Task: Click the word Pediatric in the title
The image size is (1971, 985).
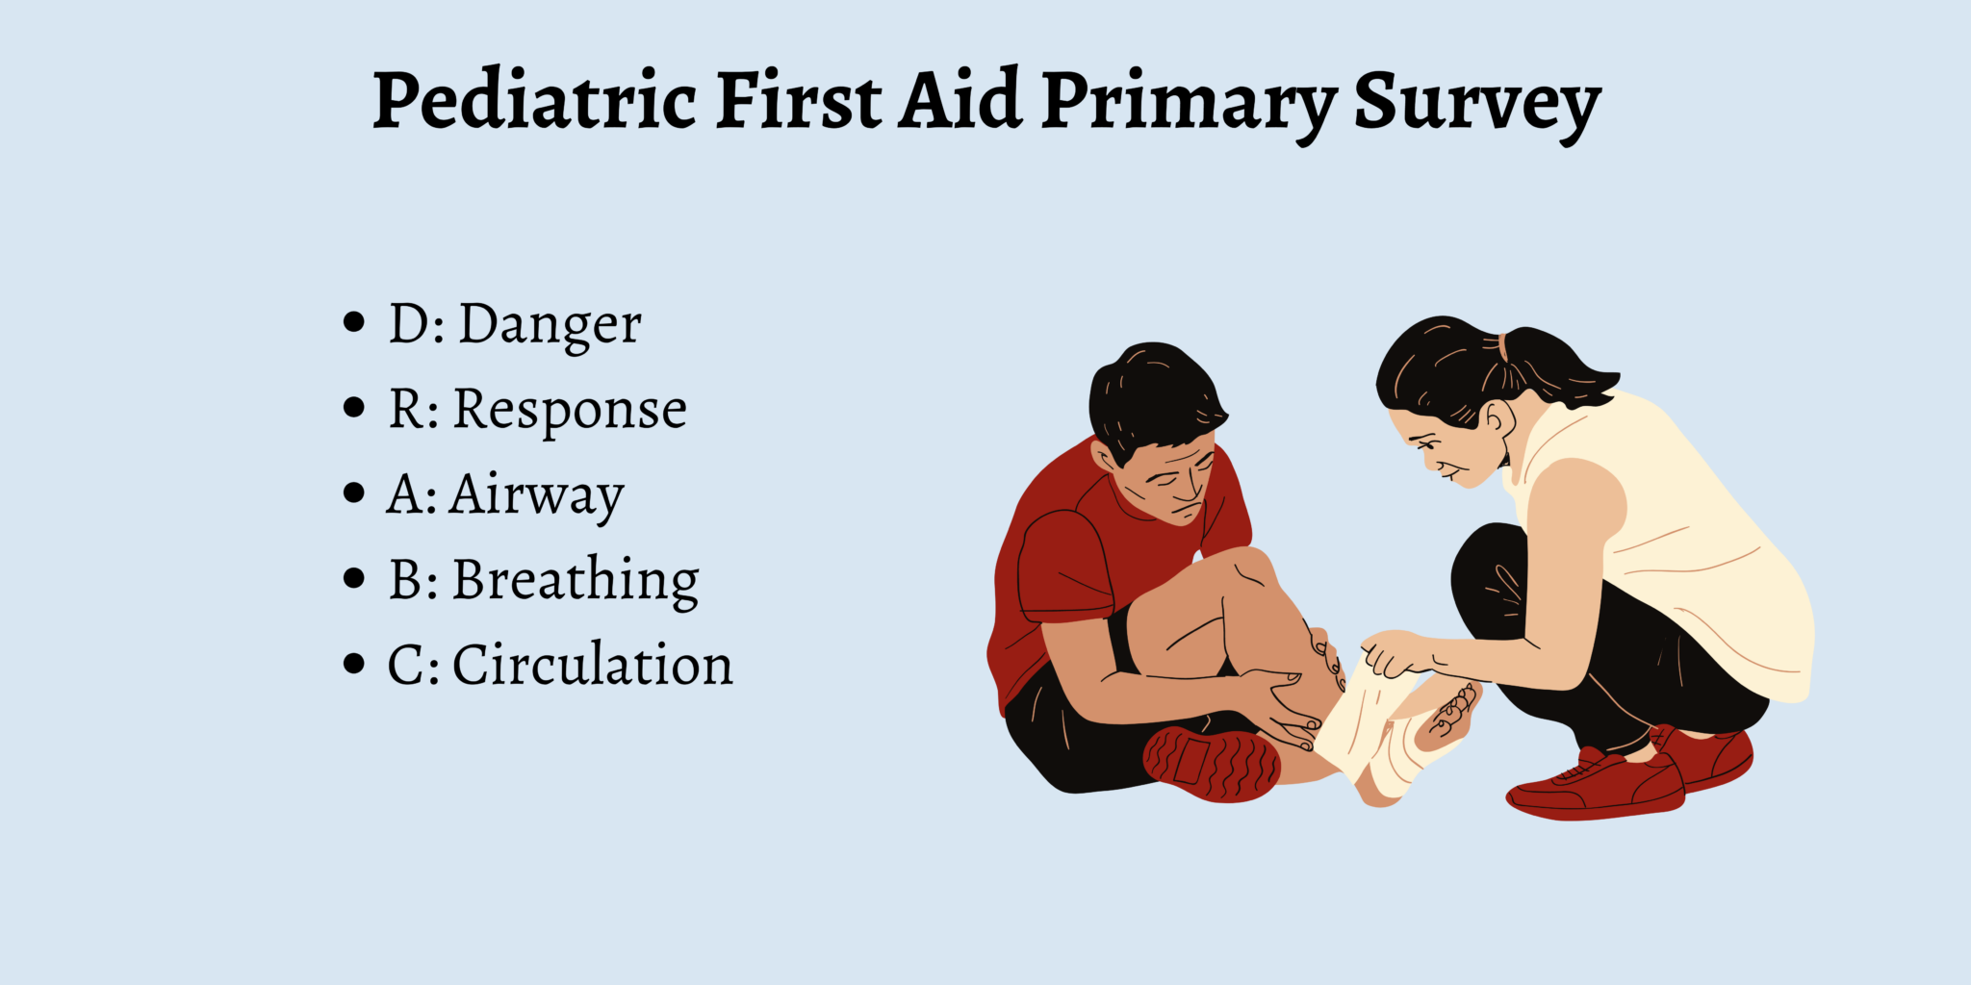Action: click(534, 101)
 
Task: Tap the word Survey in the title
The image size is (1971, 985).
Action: click(1476, 103)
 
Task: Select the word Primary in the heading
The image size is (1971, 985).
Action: click(1190, 103)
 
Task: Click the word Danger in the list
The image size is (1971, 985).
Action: click(550, 324)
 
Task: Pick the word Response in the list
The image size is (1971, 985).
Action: click(570, 410)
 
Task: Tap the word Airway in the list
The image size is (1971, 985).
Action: click(536, 495)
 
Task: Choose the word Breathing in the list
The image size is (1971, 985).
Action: click(576, 580)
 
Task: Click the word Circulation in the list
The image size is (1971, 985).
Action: click(592, 665)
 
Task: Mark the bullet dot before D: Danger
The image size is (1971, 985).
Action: click(354, 322)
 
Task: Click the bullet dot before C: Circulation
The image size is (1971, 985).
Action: click(354, 664)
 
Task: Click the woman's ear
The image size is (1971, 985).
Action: click(1497, 419)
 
